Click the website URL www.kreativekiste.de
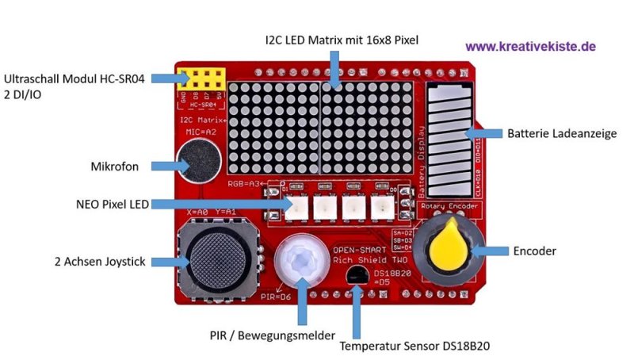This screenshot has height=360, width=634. coord(530,47)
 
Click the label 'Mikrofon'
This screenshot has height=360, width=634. coord(116,167)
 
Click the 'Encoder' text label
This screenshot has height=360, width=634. coord(535,251)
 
